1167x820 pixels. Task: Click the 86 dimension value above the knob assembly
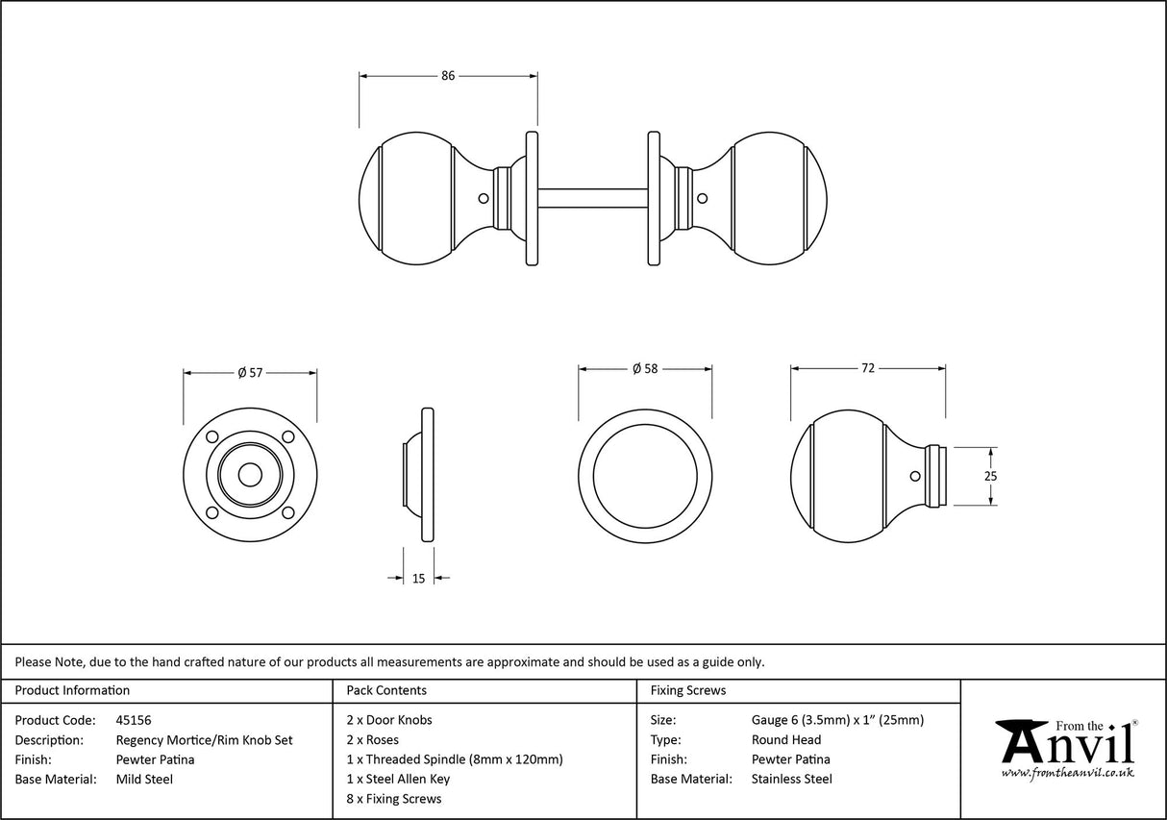pos(448,76)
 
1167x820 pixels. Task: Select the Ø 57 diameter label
pos(249,372)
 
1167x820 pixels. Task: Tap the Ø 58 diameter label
pos(644,369)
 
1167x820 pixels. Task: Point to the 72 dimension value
pos(867,368)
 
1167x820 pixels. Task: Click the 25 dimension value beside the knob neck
pos(990,476)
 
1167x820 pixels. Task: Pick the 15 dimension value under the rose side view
pos(418,578)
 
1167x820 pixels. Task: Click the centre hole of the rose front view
pos(250,474)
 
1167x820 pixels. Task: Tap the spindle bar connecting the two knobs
pos(592,198)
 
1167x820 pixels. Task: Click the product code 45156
pos(133,720)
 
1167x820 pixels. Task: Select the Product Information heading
pos(72,690)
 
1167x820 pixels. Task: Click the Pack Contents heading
pos(385,690)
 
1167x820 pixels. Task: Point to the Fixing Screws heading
pos(688,690)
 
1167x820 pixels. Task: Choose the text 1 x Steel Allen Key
pos(398,780)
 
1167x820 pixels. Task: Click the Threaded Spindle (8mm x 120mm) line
pos(454,759)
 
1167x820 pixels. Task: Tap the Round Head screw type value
pos(786,740)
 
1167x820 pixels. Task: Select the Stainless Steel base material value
pos(792,780)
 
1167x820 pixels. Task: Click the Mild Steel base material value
pos(144,780)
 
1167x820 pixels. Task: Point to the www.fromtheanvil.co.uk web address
pos(1067,773)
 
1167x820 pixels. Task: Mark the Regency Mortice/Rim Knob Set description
pos(204,740)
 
